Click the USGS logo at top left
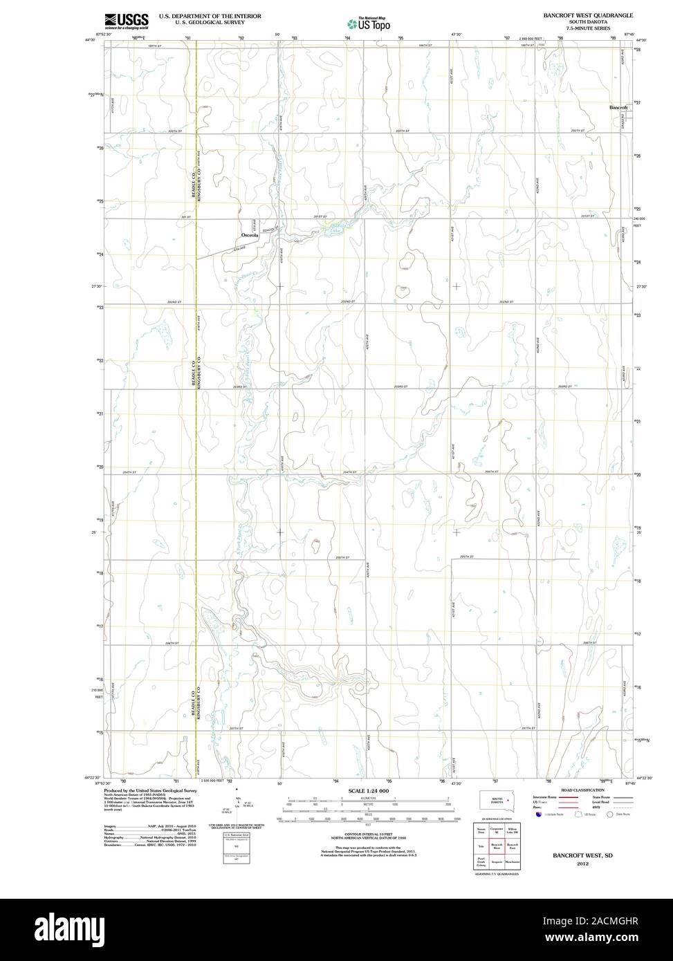point(127,21)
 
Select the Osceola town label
point(250,235)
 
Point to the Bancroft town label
point(618,108)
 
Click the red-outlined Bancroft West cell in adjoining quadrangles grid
point(497,846)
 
